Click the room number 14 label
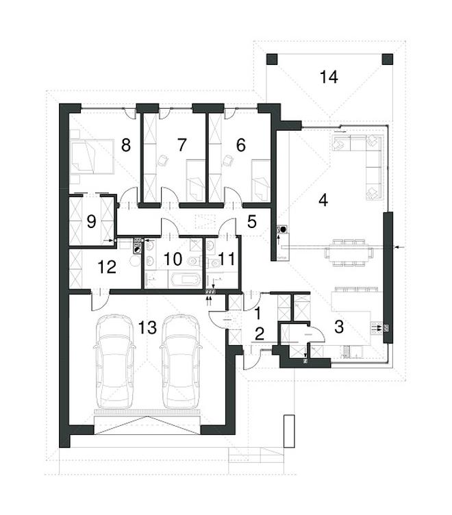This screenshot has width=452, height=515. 329,77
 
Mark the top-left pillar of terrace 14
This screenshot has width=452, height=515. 271,59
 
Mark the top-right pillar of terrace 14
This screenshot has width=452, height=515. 387,59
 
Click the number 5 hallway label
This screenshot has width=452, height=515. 251,221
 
